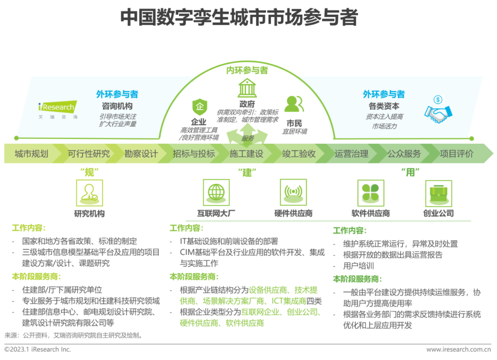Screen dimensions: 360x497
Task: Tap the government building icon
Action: click(247, 88)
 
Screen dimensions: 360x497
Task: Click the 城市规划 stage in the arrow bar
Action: click(31, 154)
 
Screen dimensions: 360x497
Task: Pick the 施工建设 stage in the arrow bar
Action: click(246, 154)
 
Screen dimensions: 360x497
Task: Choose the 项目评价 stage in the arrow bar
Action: click(457, 154)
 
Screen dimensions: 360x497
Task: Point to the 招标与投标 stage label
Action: click(194, 154)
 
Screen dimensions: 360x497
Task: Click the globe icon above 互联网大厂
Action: click(216, 192)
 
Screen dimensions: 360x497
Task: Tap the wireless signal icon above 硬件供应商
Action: click(293, 192)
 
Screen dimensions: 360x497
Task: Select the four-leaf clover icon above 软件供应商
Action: click(370, 192)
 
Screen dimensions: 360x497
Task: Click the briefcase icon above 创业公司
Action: click(438, 192)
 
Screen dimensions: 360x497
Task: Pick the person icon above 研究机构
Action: click(89, 192)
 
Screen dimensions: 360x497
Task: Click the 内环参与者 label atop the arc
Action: click(247, 70)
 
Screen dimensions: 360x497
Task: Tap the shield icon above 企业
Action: click(199, 107)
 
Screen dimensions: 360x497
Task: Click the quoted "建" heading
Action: click(247, 173)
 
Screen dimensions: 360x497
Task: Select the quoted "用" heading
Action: click(410, 173)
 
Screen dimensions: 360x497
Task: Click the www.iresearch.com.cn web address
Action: click(458, 349)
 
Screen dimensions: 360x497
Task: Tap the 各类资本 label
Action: click(384, 106)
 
